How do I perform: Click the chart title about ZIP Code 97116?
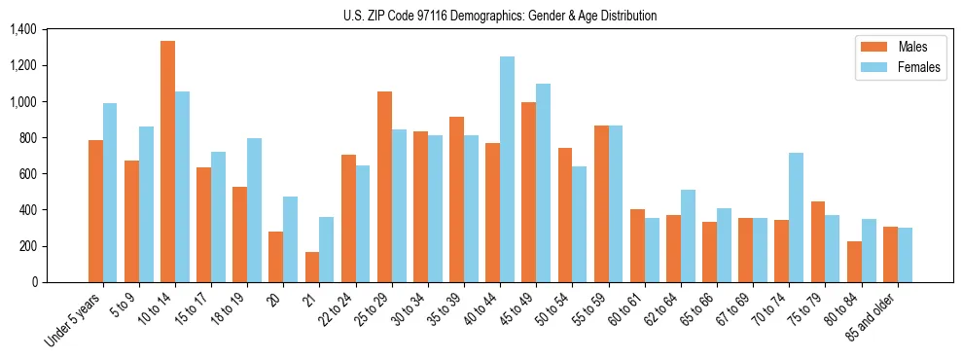pyautogui.click(x=500, y=16)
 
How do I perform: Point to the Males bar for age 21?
pyautogui.click(x=311, y=267)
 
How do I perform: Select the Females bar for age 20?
pyautogui.click(x=290, y=239)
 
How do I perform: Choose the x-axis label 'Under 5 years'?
pyautogui.click(x=74, y=321)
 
